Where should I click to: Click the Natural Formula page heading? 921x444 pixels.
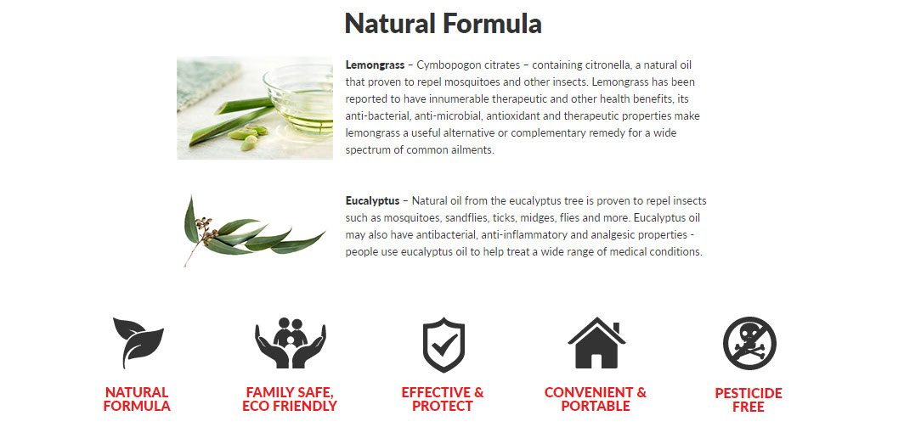(443, 24)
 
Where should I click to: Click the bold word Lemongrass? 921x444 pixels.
(375, 65)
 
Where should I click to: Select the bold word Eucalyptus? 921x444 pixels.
(372, 200)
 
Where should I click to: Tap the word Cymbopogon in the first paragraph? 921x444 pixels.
(442, 65)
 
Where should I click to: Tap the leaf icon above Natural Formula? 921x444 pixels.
(138, 342)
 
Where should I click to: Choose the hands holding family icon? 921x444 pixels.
(291, 343)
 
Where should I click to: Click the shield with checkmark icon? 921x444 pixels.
(444, 345)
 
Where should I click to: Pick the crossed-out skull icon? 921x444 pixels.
(749, 343)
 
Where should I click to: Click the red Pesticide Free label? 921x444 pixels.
(749, 400)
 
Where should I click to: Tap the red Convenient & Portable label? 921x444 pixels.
(596, 399)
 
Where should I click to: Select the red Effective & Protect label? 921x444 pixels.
(443, 399)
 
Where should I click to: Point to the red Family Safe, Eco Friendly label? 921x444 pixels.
(290, 399)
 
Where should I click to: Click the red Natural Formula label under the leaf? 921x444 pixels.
(137, 399)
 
